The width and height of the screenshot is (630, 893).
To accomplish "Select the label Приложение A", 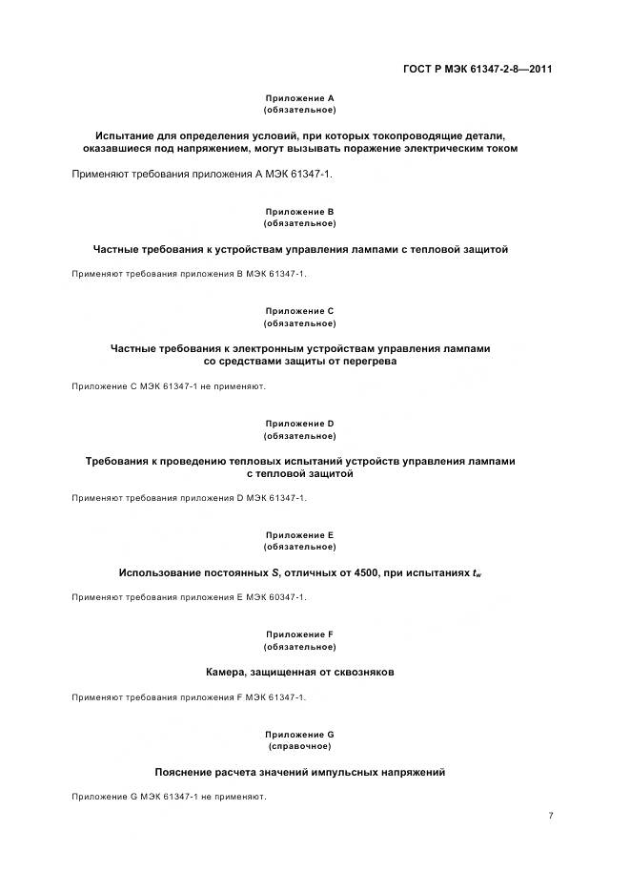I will pos(299,98).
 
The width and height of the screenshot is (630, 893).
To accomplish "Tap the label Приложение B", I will pos(299,211).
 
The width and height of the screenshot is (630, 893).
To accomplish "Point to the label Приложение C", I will pos(299,311).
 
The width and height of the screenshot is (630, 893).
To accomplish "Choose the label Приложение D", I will pos(299,424).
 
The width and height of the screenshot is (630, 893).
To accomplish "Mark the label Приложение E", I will pos(299,535).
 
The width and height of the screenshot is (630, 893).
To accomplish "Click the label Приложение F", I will pos(299,634).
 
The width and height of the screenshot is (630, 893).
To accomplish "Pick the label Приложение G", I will pos(299,734).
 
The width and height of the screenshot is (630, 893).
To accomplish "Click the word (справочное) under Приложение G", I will pos(299,746).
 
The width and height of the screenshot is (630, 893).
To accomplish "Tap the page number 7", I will pos(551,815).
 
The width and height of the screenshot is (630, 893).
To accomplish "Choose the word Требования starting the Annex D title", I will pos(117,461).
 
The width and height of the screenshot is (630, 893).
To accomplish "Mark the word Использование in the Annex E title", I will pos(159,572).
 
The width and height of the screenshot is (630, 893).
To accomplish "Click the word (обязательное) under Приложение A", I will pos(299,111).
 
